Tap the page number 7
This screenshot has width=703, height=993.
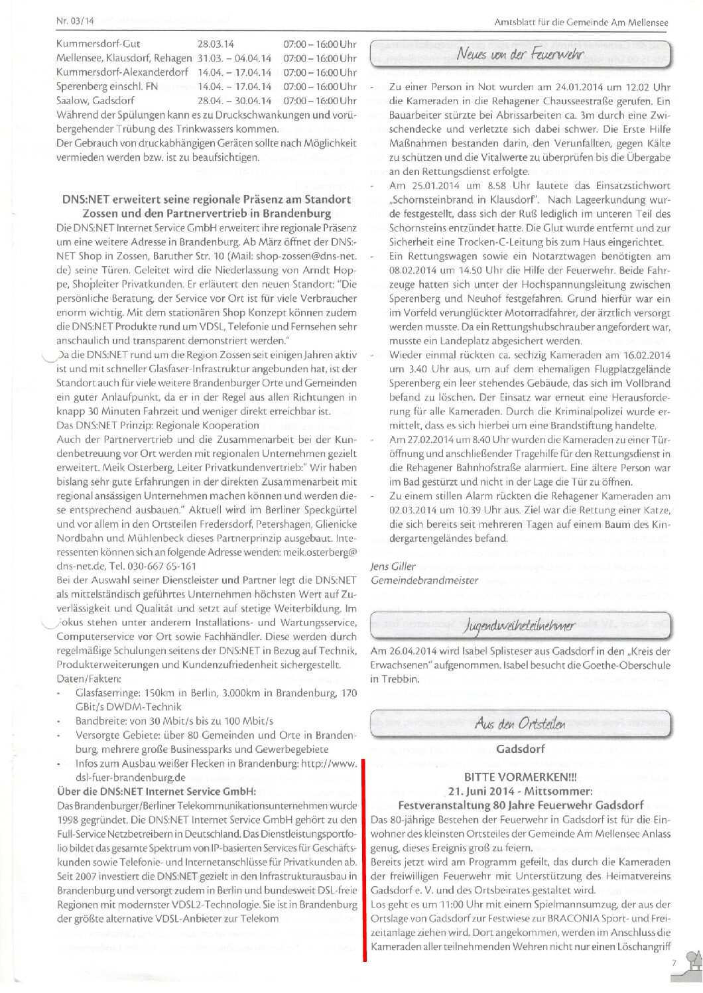[x=673, y=962]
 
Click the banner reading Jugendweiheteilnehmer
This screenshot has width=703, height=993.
[x=520, y=624]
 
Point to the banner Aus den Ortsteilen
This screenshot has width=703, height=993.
[x=520, y=723]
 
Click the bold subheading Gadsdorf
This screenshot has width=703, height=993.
[x=520, y=749]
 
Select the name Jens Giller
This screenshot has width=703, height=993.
[x=393, y=566]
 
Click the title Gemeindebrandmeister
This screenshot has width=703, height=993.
[x=424, y=580]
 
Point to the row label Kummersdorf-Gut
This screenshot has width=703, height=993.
[x=98, y=44]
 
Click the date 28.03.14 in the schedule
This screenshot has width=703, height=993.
[x=216, y=44]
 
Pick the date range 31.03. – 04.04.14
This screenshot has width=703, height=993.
[x=234, y=58]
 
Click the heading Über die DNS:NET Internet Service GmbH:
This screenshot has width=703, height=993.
[x=157, y=791]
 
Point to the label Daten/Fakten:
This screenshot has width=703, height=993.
[x=89, y=679]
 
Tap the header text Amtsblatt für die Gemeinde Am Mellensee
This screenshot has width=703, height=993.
[x=581, y=23]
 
